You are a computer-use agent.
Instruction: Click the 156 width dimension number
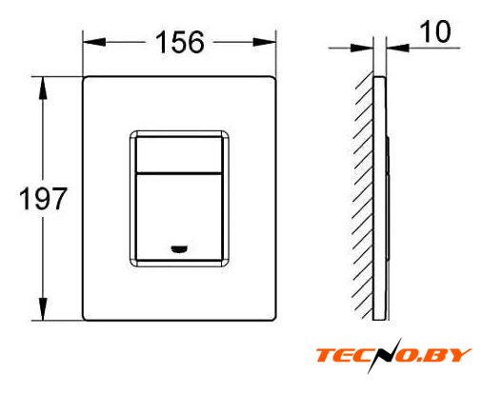pos(180,42)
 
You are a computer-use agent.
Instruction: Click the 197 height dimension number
pos(43,199)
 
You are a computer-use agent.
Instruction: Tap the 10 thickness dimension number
pos(435,31)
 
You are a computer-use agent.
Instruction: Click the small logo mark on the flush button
pos(179,249)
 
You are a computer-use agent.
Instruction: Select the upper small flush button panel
pos(179,154)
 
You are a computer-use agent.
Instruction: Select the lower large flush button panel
pos(179,217)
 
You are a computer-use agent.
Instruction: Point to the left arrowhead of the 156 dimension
pos(94,42)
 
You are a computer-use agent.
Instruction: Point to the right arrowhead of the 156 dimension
pos(264,42)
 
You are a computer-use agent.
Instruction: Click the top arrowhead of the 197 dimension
pos(43,88)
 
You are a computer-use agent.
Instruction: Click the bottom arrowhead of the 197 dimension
pos(43,309)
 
